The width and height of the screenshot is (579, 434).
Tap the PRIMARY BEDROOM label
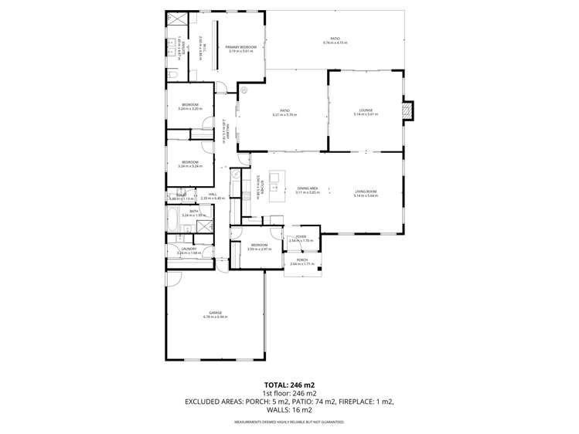[x=241, y=48]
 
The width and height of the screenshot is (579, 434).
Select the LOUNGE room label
[x=364, y=110]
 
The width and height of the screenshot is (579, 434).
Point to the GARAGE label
[x=215, y=313]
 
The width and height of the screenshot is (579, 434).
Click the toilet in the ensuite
[x=171, y=68]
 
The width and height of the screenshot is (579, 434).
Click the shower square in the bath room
[x=205, y=226]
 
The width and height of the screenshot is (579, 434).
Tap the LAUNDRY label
[x=189, y=249]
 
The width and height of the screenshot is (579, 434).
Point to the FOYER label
[x=301, y=237]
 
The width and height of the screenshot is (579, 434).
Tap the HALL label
[x=212, y=195]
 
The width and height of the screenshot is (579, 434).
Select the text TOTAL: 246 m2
[x=289, y=384]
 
